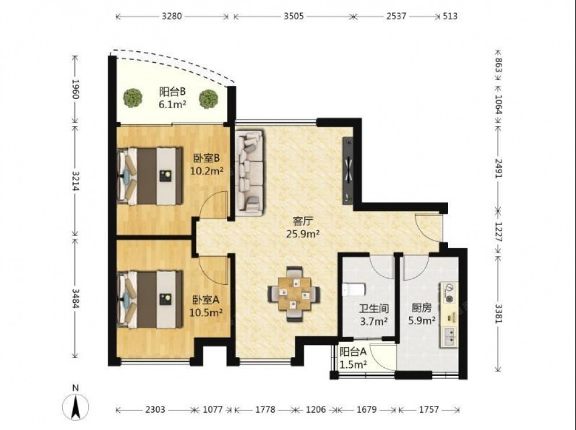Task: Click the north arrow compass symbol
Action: point(75,407)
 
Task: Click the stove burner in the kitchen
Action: point(449,292)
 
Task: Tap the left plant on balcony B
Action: point(132,98)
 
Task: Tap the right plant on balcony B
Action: point(209,99)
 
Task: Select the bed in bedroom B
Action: point(150,176)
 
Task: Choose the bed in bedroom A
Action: point(150,299)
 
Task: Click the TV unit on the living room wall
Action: point(347,170)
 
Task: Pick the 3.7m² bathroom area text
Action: point(374,322)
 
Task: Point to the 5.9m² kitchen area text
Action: point(422,321)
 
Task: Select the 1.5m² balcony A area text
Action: point(353,364)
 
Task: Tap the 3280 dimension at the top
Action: point(172,16)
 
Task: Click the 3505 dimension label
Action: point(294,16)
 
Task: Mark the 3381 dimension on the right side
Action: point(498,314)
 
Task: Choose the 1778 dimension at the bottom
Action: point(265,409)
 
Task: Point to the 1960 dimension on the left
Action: point(75,89)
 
